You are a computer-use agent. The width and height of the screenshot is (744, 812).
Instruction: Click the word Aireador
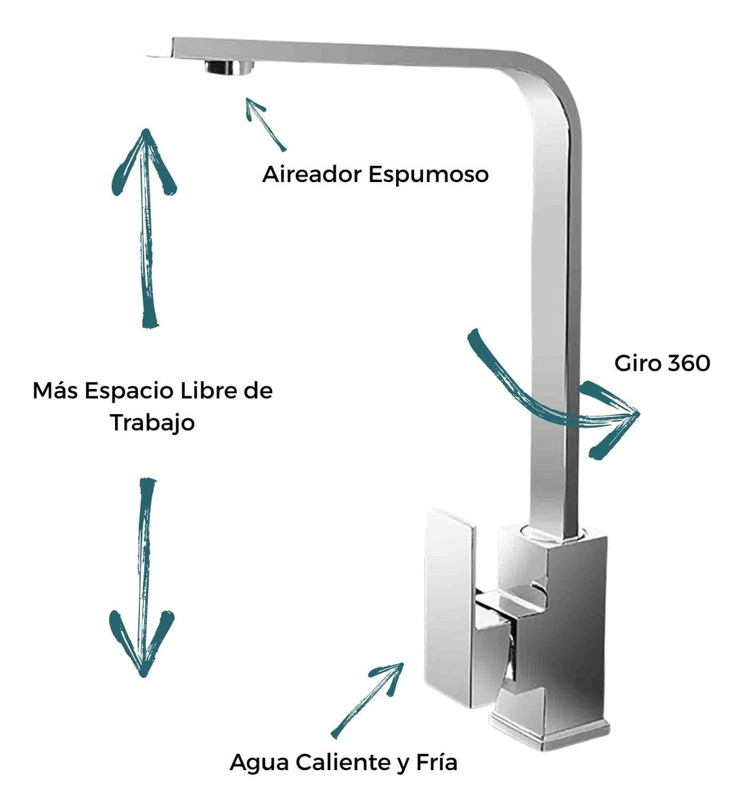pos(311,175)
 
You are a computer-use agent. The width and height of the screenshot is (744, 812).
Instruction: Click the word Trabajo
pos(153,423)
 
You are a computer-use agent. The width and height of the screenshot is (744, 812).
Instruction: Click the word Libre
pos(201,391)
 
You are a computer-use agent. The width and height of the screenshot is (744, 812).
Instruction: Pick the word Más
pos(51,391)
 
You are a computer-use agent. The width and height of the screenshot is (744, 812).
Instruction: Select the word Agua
pos(257,763)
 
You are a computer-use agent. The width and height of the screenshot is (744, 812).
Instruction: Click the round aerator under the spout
pos(229,67)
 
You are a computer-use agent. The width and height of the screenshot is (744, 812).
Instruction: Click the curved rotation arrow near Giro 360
pos(555,399)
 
